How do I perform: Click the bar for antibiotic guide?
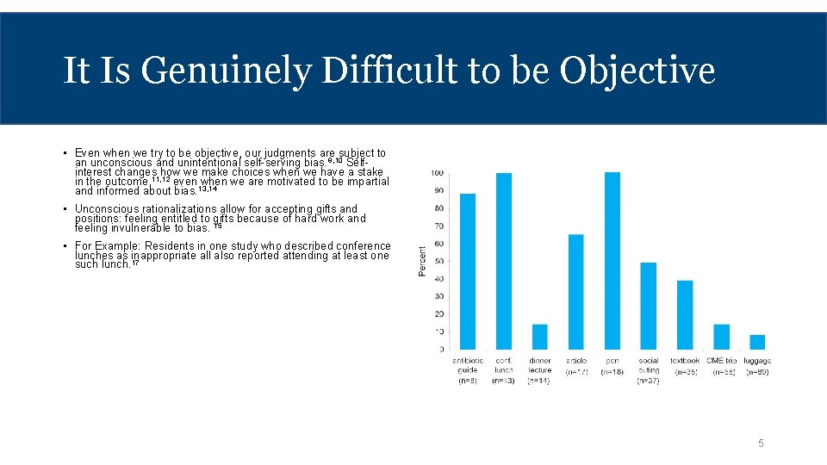[468, 271]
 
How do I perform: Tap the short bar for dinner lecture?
[540, 337]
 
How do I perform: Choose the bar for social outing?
[649, 306]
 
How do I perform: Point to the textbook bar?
[685, 314]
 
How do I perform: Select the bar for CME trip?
[721, 337]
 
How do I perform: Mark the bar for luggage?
[757, 342]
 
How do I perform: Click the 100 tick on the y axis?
[438, 173]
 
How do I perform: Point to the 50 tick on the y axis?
[438, 261]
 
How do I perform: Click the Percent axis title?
[422, 261]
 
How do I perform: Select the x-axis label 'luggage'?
[757, 361]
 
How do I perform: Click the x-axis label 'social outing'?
[649, 365]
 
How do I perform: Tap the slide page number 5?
[761, 443]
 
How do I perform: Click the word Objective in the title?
[637, 71]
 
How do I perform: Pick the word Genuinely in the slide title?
[225, 71]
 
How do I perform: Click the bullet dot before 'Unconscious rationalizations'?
[65, 209]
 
